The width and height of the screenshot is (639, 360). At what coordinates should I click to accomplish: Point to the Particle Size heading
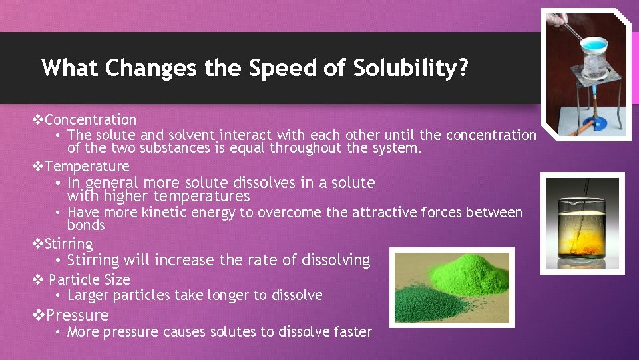point(89,279)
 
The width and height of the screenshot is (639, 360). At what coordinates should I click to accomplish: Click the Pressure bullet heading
point(77,315)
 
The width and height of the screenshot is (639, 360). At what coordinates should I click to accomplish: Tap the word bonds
point(86,225)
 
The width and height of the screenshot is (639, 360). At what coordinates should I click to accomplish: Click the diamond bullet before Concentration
point(38,120)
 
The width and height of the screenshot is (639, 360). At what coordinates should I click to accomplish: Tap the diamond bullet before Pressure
point(39,315)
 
